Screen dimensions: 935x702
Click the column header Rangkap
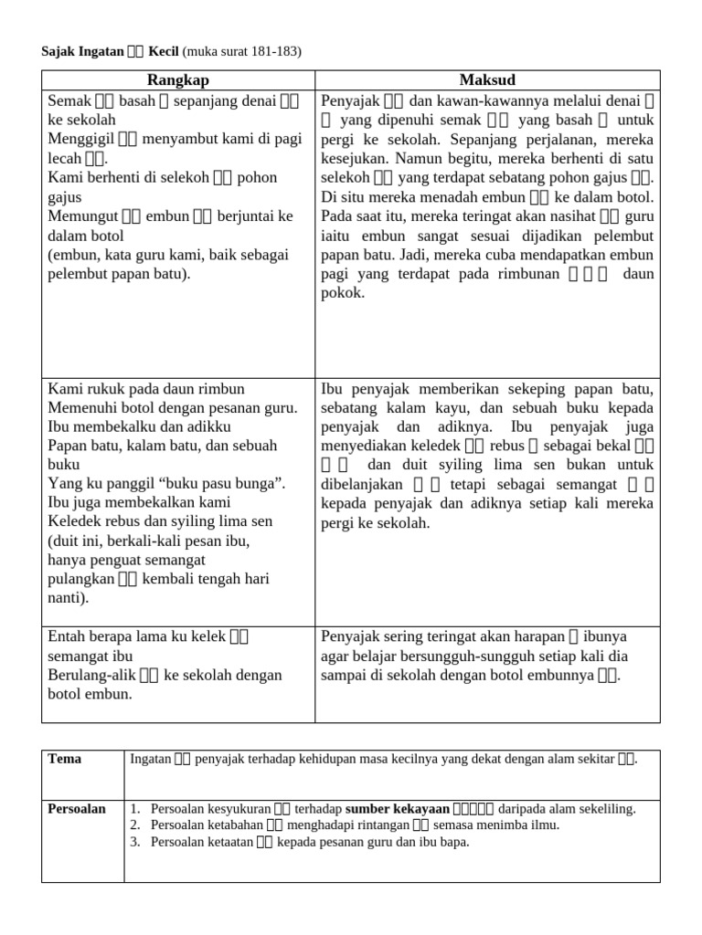click(x=178, y=80)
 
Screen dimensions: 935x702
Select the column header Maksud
click(x=487, y=80)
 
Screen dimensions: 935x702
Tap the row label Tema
click(x=64, y=759)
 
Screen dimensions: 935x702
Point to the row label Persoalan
click(x=77, y=809)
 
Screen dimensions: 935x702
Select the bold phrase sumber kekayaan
click(x=397, y=809)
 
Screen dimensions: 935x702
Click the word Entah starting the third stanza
click(x=66, y=636)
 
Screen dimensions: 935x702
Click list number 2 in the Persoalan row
click(x=134, y=825)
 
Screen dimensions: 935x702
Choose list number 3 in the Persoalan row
click(x=134, y=842)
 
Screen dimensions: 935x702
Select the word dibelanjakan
click(x=361, y=484)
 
